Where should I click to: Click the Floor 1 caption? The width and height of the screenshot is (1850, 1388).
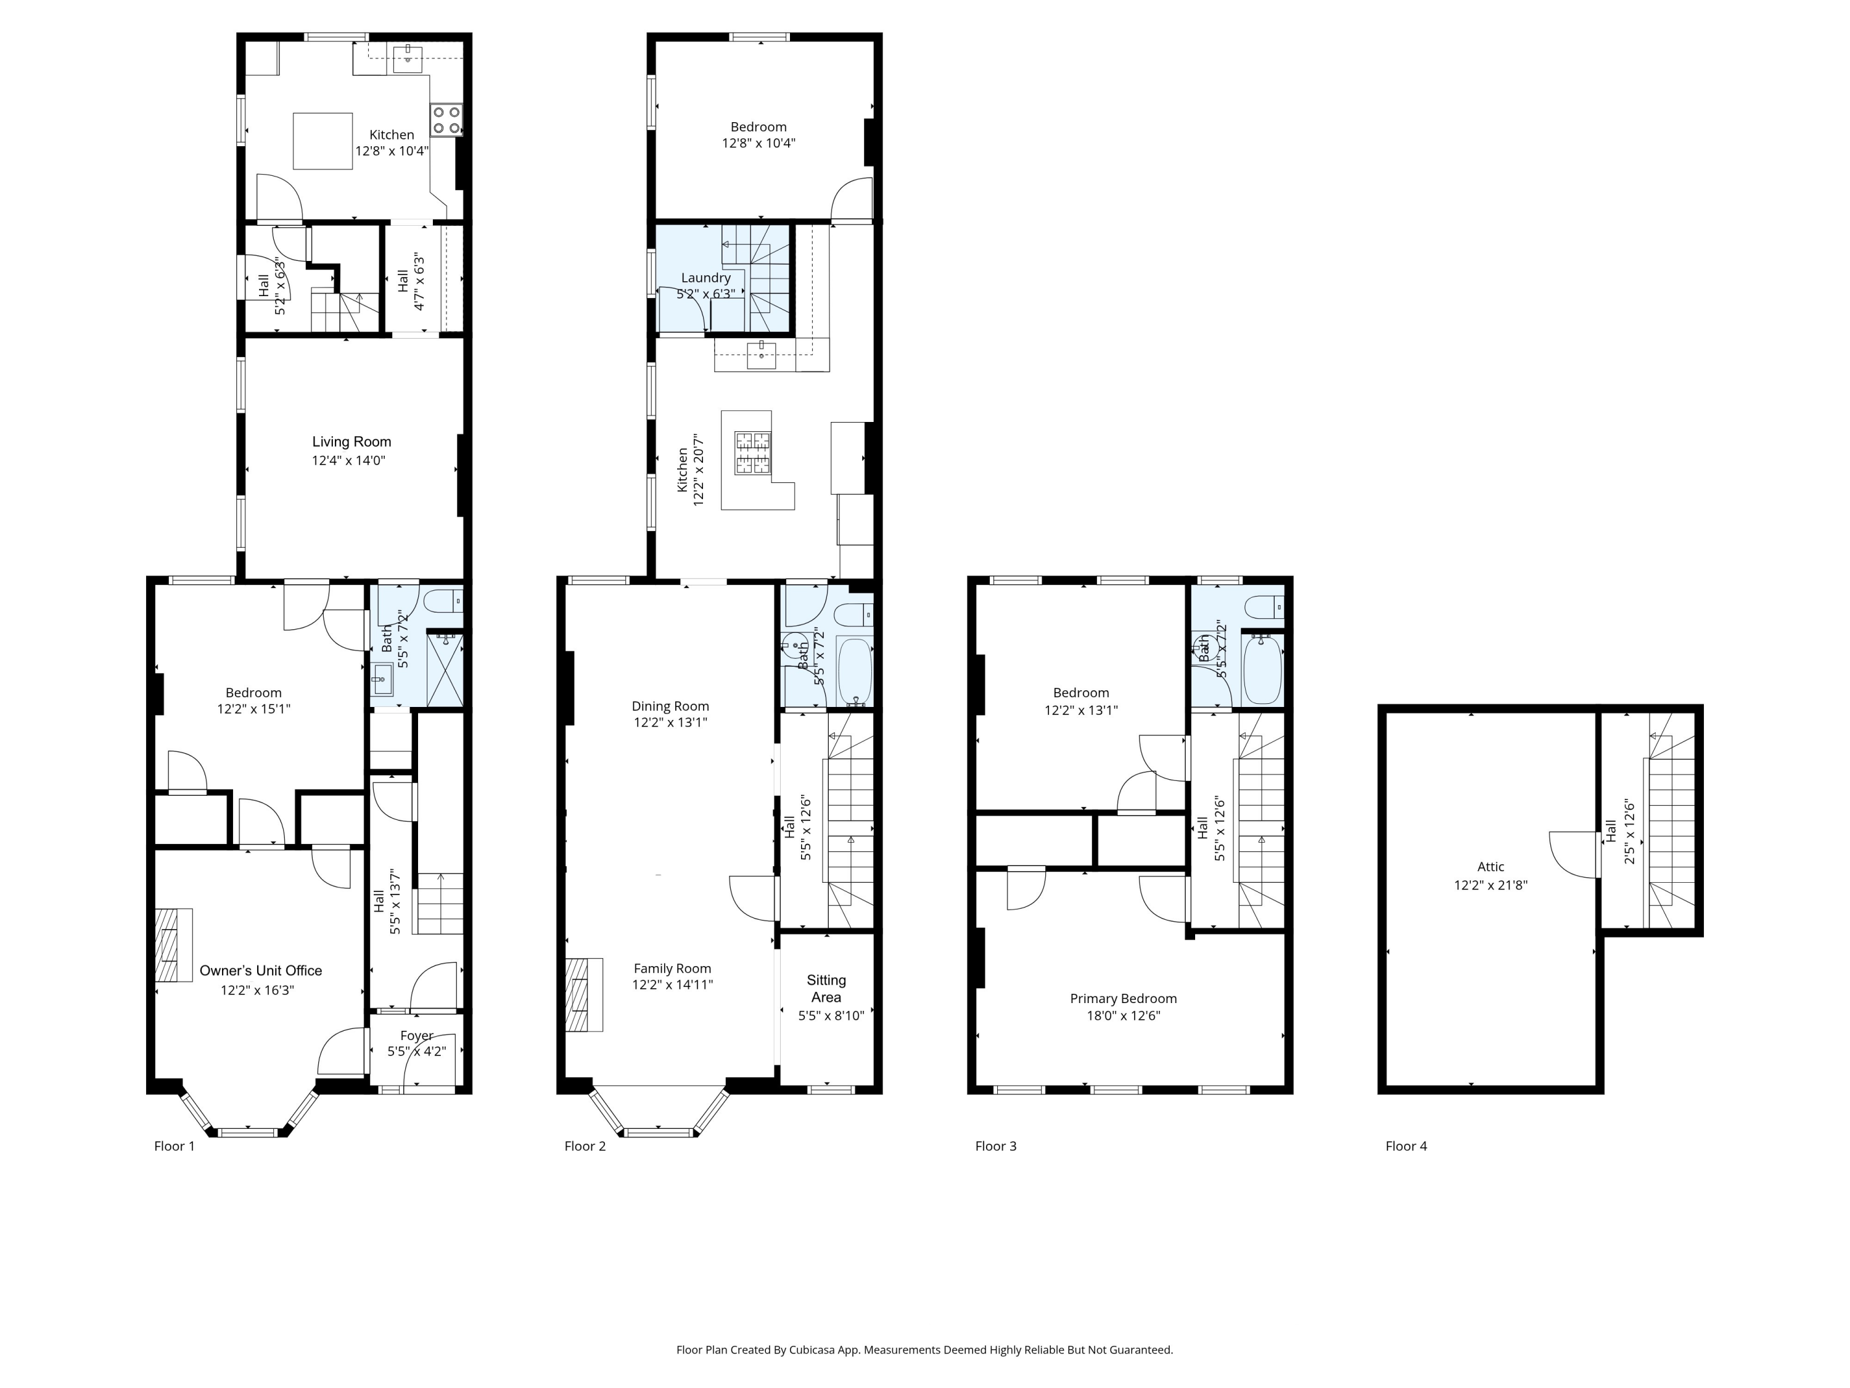(x=174, y=1146)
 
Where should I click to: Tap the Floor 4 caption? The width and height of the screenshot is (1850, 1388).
(x=1406, y=1146)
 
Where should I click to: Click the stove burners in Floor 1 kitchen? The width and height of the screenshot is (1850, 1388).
(x=446, y=120)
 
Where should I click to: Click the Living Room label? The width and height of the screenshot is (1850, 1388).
(x=351, y=442)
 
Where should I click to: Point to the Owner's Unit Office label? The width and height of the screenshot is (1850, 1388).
(x=260, y=970)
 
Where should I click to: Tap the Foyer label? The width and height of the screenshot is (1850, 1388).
(x=416, y=1036)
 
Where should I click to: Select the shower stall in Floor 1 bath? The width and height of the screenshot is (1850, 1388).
(x=445, y=669)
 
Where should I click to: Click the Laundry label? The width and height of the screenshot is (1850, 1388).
(x=706, y=278)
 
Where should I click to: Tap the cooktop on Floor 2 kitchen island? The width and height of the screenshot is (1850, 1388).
(x=752, y=453)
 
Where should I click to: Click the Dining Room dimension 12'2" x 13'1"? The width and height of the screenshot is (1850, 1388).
(x=670, y=722)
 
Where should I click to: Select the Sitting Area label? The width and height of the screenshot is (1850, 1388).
(x=826, y=988)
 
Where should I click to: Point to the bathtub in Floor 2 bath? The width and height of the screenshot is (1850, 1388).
(x=855, y=672)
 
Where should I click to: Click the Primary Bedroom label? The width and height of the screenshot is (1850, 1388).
(x=1123, y=998)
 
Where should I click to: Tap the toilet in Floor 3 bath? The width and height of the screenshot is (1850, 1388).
(x=1263, y=606)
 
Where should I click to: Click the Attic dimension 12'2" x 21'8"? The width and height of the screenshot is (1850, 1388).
(x=1490, y=885)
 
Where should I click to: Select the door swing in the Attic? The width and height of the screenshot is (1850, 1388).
(x=1572, y=853)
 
